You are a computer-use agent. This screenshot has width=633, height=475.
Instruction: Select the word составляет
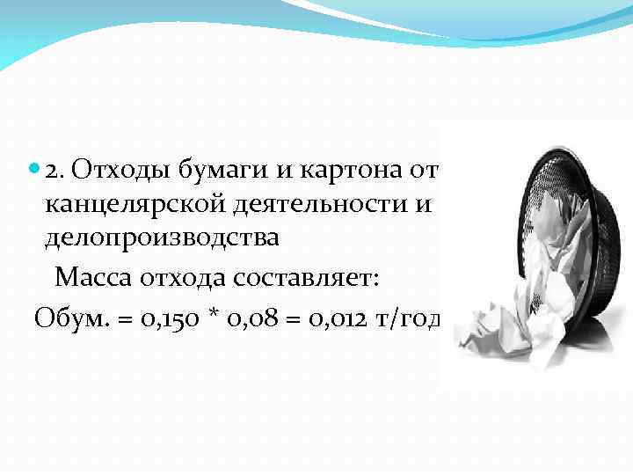click(306, 278)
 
